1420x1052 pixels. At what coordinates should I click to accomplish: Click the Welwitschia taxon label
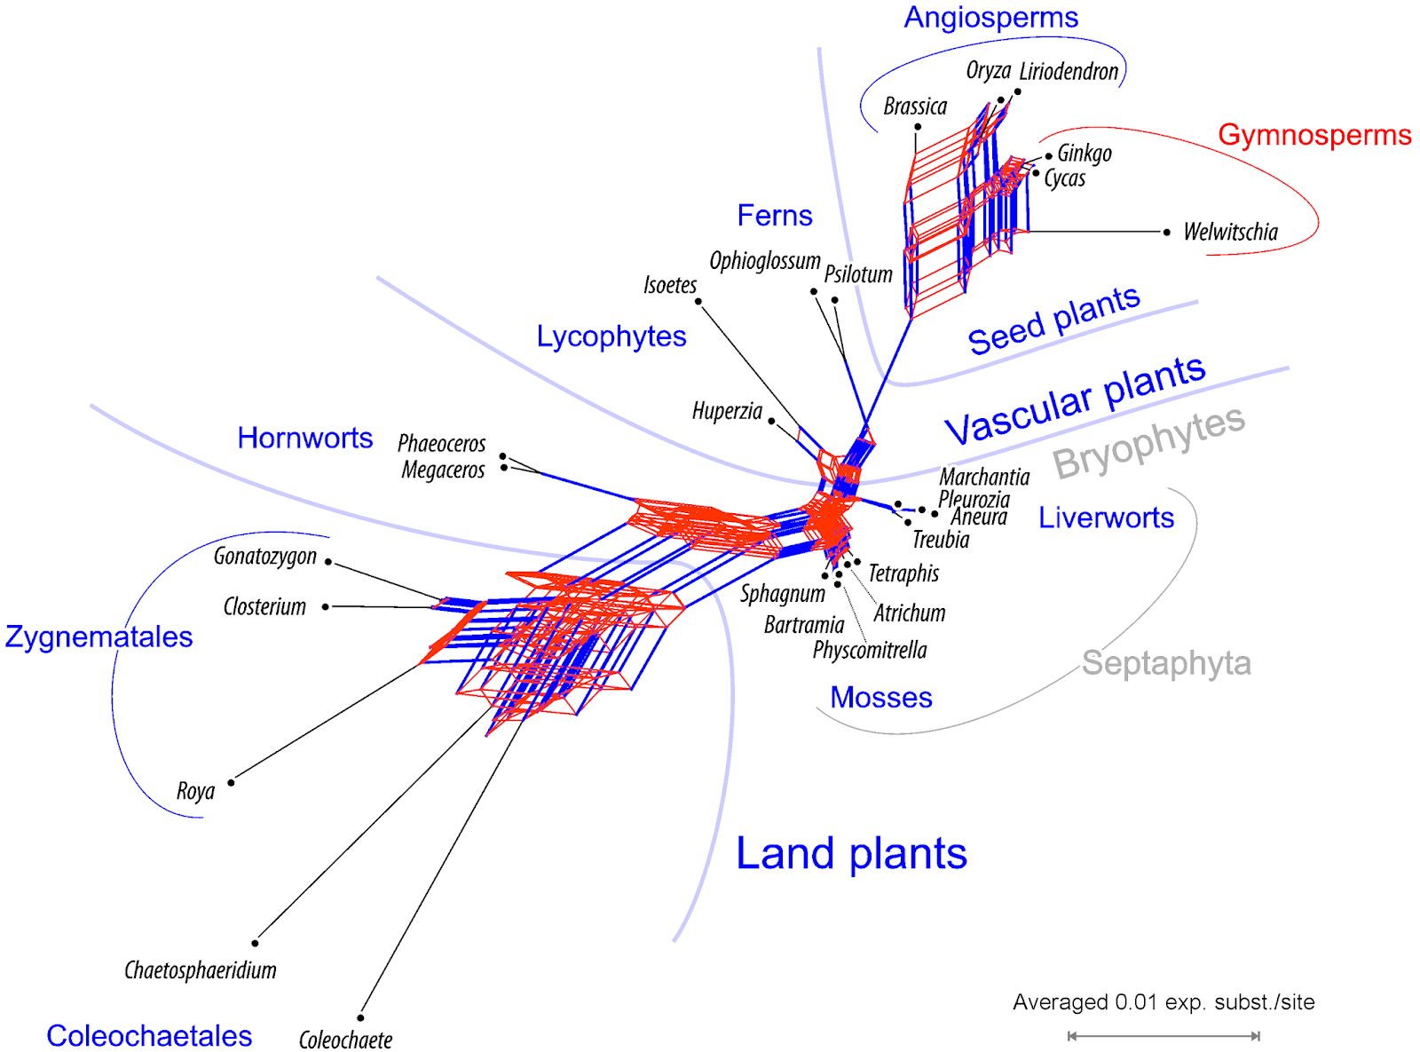pyautogui.click(x=1230, y=233)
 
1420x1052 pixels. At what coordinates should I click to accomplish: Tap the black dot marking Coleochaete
pyautogui.click(x=360, y=1017)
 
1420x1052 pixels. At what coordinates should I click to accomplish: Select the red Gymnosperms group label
pyautogui.click(x=1313, y=135)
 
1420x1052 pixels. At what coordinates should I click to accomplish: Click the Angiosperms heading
pyautogui.click(x=990, y=18)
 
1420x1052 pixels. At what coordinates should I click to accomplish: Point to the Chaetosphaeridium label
pyautogui.click(x=201, y=970)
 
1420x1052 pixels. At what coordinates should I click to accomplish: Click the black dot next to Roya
pyautogui.click(x=231, y=782)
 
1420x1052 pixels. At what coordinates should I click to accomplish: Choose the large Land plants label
pyautogui.click(x=851, y=854)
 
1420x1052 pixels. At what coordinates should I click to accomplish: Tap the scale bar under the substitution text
pyautogui.click(x=1164, y=1035)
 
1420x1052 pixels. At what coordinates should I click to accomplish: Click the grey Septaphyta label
pyautogui.click(x=1166, y=663)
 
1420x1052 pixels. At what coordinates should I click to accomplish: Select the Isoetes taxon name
pyautogui.click(x=670, y=285)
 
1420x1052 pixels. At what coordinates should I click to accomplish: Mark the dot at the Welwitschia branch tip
pyautogui.click(x=1166, y=232)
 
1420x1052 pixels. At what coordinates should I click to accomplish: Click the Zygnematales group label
pyautogui.click(x=99, y=637)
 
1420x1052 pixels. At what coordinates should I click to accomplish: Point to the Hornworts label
pyautogui.click(x=304, y=438)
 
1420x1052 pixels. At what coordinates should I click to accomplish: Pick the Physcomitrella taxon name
pyautogui.click(x=870, y=651)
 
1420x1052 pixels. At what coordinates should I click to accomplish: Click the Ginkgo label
pyautogui.click(x=1084, y=154)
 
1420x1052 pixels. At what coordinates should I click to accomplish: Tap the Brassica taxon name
pyautogui.click(x=915, y=107)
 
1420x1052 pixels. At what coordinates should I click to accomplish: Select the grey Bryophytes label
pyautogui.click(x=1148, y=441)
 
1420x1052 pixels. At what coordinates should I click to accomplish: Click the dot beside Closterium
pyautogui.click(x=326, y=606)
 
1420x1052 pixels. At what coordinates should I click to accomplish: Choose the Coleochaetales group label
pyautogui.click(x=149, y=1035)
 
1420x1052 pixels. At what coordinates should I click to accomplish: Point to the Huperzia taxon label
pyautogui.click(x=727, y=411)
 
